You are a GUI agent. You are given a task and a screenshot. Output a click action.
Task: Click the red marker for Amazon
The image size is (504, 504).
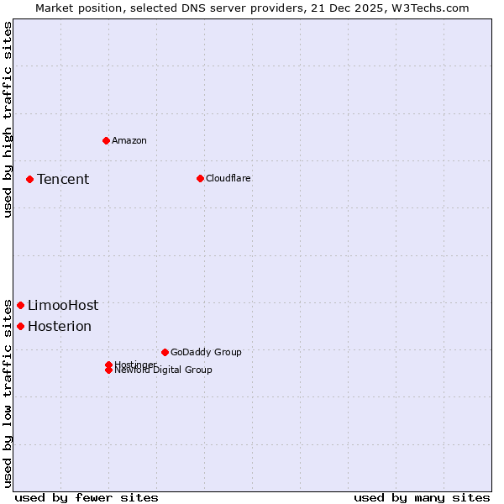click(106, 140)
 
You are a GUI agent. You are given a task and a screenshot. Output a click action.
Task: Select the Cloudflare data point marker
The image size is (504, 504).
click(200, 178)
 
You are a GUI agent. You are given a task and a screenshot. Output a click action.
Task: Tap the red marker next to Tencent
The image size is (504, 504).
click(29, 179)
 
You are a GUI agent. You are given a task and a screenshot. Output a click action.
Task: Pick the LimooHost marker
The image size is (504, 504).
click(20, 305)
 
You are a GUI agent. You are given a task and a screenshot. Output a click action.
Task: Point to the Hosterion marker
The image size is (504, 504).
click(20, 326)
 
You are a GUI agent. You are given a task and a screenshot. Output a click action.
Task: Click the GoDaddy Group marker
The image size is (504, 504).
click(165, 352)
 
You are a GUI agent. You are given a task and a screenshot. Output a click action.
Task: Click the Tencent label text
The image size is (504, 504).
click(63, 179)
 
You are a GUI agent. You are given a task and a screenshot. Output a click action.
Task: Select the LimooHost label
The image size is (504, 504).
click(63, 305)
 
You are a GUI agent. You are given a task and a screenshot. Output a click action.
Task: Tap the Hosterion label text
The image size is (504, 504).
click(60, 326)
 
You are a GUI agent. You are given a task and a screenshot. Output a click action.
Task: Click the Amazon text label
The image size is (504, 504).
click(129, 140)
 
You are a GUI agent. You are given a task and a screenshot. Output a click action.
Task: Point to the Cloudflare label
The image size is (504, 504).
click(228, 178)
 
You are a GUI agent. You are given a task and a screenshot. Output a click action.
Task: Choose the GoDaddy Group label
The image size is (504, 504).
click(206, 352)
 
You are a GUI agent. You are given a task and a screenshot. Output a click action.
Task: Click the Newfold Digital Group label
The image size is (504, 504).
click(164, 370)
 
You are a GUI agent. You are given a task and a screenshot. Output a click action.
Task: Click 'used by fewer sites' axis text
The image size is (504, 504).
click(87, 497)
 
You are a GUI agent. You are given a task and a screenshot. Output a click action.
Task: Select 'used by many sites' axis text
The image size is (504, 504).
click(422, 497)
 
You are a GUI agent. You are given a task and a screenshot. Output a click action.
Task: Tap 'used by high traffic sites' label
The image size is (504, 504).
click(8, 119)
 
